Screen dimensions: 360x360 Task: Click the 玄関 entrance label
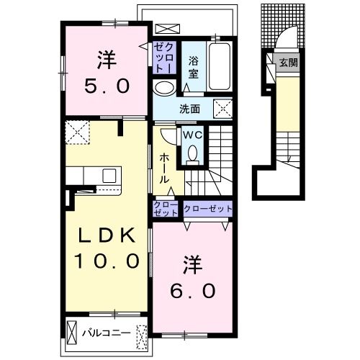(x=288, y=63)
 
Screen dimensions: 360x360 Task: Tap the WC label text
(x=192, y=135)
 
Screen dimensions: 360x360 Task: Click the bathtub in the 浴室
(x=220, y=66)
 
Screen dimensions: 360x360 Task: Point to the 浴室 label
(x=193, y=67)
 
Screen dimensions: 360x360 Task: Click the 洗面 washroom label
(x=189, y=109)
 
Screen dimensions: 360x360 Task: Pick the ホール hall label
(x=165, y=168)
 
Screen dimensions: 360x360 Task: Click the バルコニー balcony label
(x=107, y=333)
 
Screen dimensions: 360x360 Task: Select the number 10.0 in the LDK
(x=107, y=261)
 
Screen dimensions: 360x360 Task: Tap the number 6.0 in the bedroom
(x=192, y=291)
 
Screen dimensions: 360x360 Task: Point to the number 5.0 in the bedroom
(x=107, y=86)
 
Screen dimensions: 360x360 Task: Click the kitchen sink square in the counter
(x=109, y=176)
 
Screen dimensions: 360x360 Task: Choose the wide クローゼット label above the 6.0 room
(x=208, y=209)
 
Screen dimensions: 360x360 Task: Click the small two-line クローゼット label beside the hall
(x=166, y=209)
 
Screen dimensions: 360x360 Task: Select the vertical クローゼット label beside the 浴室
(x=165, y=58)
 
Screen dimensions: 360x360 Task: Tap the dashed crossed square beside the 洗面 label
(x=223, y=109)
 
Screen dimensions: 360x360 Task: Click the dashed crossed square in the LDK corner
(x=78, y=132)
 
